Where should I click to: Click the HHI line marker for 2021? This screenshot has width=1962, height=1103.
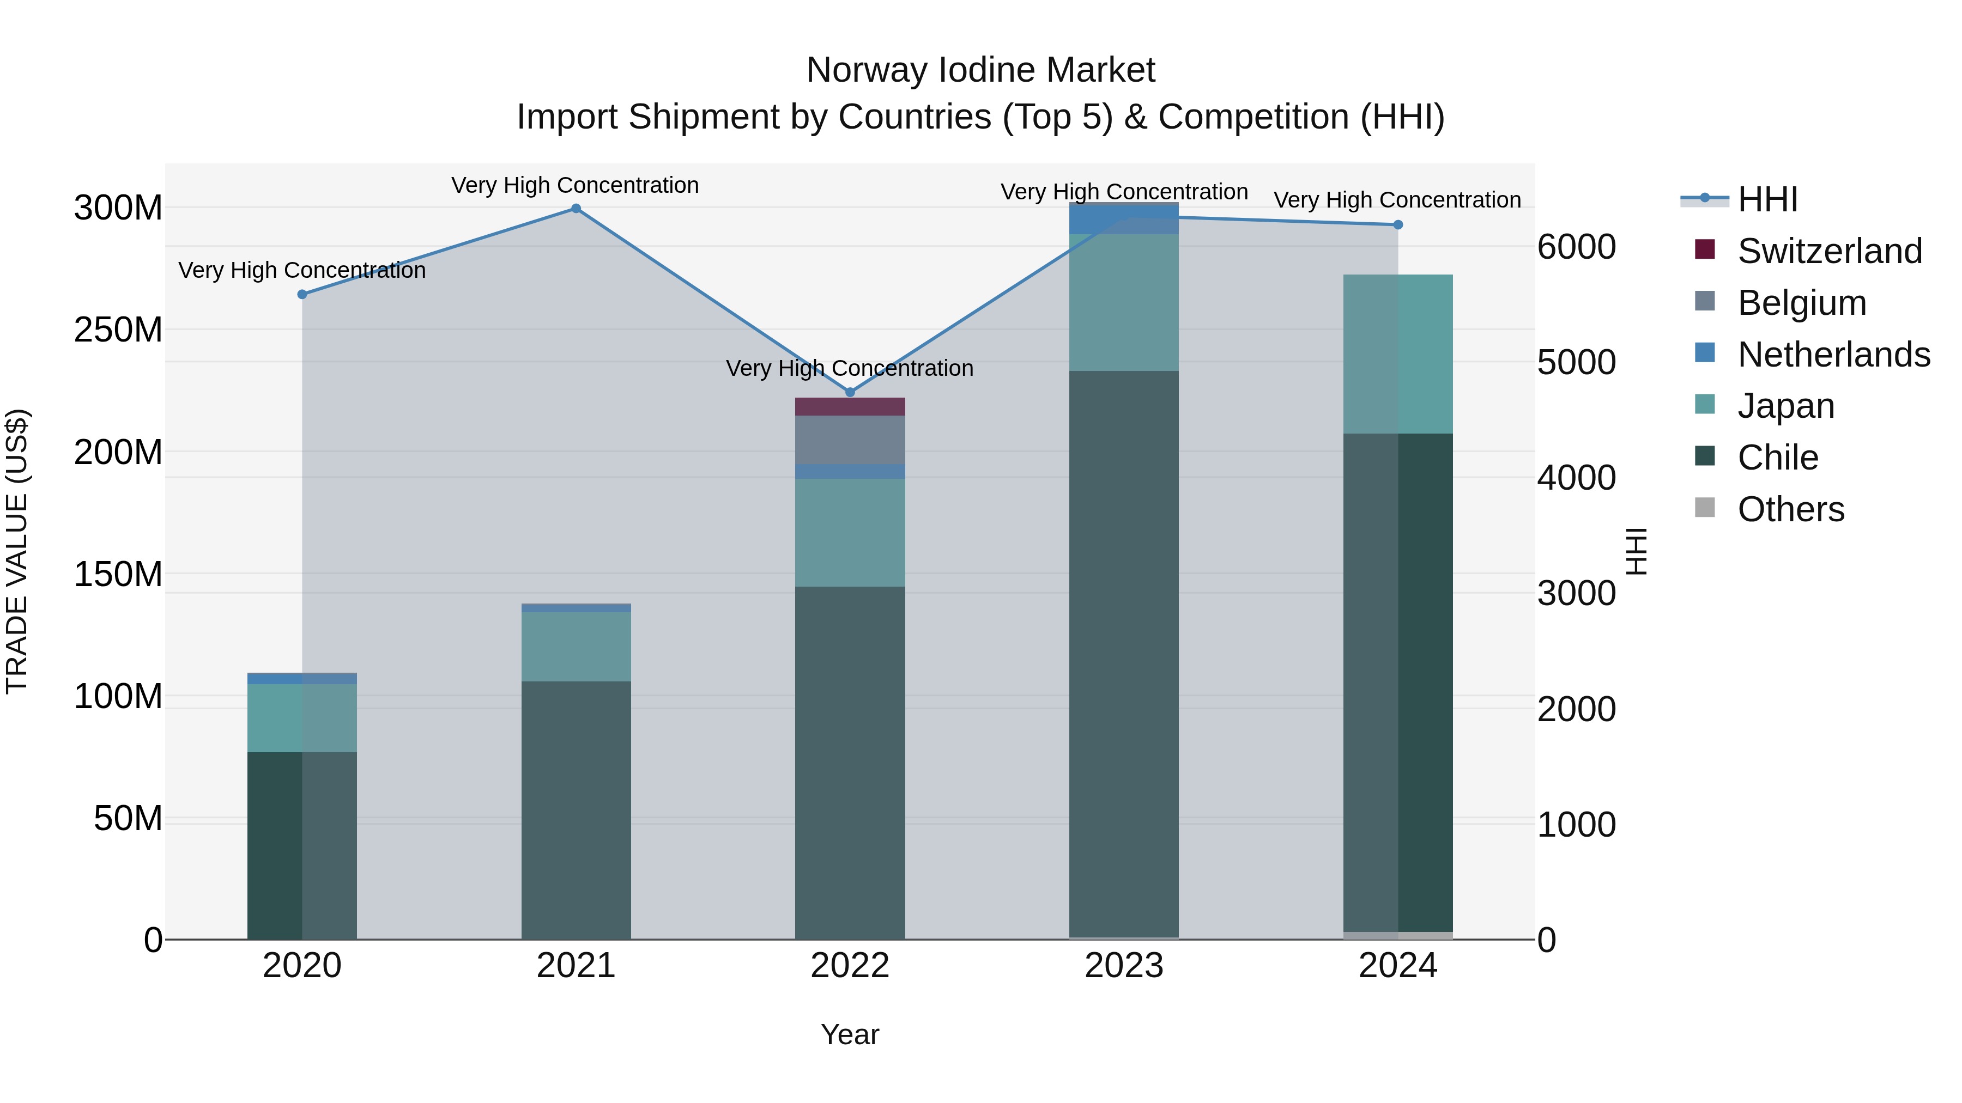click(x=576, y=209)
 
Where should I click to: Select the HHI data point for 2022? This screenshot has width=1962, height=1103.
click(x=850, y=392)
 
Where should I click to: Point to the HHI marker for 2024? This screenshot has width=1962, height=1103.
click(x=1397, y=224)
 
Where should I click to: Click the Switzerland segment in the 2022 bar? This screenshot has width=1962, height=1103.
click(x=850, y=406)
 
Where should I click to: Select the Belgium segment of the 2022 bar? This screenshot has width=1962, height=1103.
click(x=850, y=440)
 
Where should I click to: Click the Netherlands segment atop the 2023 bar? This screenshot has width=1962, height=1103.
click(x=1124, y=219)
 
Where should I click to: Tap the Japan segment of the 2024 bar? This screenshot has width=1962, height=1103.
click(x=1397, y=354)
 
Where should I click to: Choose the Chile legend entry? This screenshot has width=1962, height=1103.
click(x=1778, y=458)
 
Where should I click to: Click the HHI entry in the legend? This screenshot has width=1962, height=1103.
click(x=1767, y=199)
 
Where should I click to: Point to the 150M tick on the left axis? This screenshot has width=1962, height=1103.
click(x=118, y=574)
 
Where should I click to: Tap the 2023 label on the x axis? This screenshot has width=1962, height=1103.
click(x=1124, y=966)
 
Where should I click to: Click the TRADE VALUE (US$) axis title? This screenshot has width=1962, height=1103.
click(x=17, y=551)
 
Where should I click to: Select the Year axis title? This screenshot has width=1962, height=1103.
click(x=850, y=1034)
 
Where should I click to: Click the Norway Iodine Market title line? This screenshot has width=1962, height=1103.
click(x=980, y=70)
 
